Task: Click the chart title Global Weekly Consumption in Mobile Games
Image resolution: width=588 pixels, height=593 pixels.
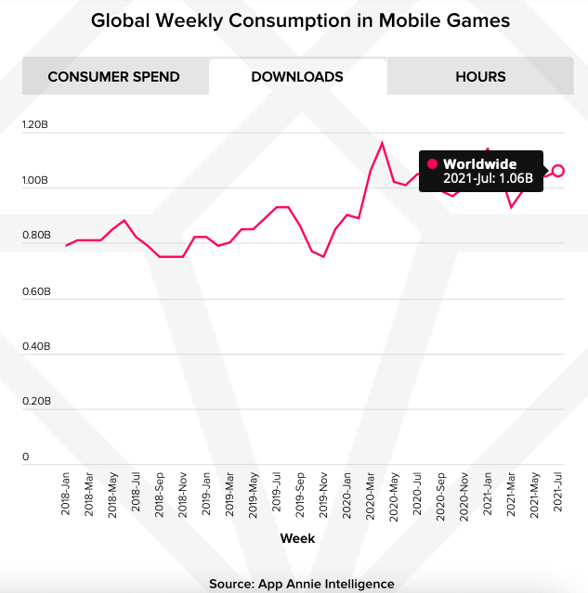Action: [294, 19]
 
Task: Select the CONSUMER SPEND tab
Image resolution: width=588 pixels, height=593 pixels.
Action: [113, 77]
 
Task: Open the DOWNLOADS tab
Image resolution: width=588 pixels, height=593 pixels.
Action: [297, 77]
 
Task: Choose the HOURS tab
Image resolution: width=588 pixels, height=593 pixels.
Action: [480, 77]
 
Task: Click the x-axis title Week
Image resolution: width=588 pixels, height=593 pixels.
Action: [297, 538]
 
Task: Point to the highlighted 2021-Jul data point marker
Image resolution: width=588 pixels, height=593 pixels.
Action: [558, 171]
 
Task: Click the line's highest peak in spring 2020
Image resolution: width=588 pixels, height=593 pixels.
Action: [382, 143]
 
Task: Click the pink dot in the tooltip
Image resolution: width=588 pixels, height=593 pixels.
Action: [432, 164]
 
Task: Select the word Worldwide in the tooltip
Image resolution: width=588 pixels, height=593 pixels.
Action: [479, 164]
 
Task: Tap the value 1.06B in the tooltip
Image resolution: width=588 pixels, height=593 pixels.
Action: [515, 178]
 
